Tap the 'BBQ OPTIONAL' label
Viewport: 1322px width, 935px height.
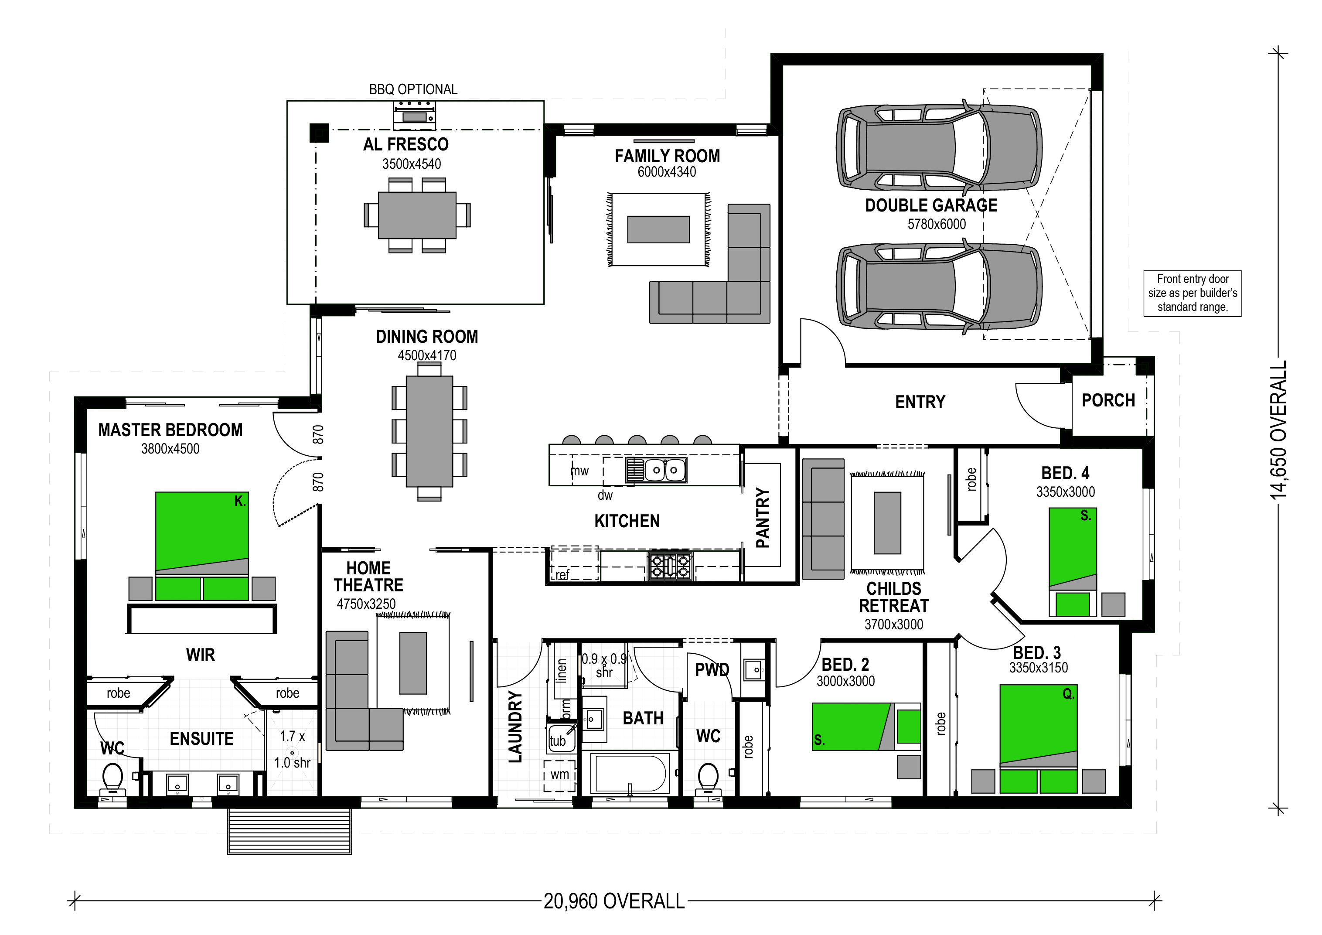coord(413,89)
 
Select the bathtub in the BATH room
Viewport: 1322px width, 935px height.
coord(631,774)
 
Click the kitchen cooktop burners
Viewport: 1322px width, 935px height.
coord(670,565)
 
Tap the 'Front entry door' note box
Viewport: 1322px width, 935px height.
coord(1193,293)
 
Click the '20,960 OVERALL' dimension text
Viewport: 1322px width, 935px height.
coord(614,901)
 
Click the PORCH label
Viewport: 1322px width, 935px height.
coord(1108,400)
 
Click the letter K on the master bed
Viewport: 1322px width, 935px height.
coord(239,501)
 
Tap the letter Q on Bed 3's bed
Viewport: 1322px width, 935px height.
coord(1068,694)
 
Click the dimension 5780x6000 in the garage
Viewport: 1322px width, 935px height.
coord(937,225)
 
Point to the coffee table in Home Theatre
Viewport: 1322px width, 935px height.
coord(413,663)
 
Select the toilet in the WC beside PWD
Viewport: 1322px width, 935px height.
coord(708,780)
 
